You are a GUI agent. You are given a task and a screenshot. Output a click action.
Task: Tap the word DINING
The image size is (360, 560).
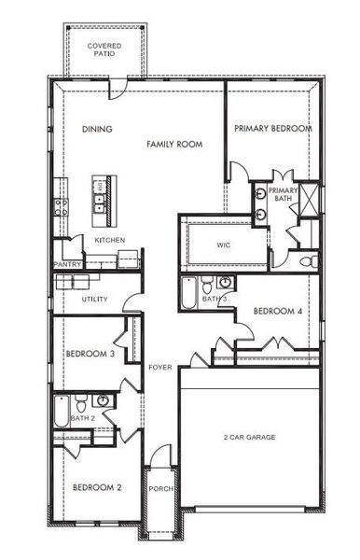pyautogui.click(x=96, y=129)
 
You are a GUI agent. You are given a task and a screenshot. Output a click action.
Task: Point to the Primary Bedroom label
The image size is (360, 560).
pyautogui.click(x=272, y=128)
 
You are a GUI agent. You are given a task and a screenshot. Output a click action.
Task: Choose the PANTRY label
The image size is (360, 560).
pyautogui.click(x=68, y=265)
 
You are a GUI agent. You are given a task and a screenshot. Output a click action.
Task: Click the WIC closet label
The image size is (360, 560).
pyautogui.click(x=223, y=245)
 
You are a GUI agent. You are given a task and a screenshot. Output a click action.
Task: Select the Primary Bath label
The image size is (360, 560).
pyautogui.click(x=282, y=195)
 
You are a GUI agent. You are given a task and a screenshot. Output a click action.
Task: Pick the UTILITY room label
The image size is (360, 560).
pyautogui.click(x=94, y=300)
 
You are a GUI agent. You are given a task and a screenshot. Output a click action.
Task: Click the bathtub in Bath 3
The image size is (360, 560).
pyautogui.click(x=189, y=296)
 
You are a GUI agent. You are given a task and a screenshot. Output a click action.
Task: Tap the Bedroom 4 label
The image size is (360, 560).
pyautogui.click(x=277, y=311)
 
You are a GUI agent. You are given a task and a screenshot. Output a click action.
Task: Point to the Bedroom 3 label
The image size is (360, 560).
pyautogui.click(x=90, y=355)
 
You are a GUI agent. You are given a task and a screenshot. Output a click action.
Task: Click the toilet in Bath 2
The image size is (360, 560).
pyautogui.click(x=82, y=405)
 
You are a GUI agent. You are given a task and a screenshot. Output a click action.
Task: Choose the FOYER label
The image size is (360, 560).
pyautogui.click(x=159, y=368)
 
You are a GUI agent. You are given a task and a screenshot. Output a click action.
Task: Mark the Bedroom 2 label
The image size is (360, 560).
pyautogui.click(x=98, y=487)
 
